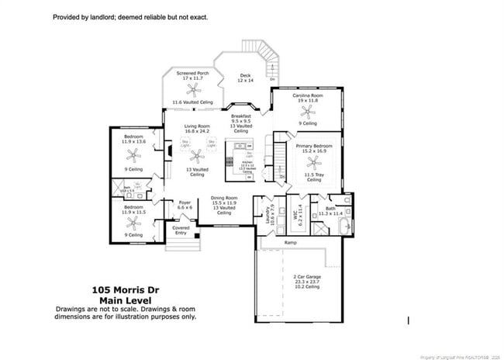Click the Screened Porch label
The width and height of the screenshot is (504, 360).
[192, 73]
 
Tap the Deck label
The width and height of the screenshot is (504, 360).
[245, 75]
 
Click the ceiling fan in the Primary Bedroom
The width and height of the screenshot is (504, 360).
[313, 162]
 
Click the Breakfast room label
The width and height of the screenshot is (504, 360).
[242, 116]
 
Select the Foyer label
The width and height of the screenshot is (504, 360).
[185, 202]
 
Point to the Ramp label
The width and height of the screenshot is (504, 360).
[291, 243]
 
